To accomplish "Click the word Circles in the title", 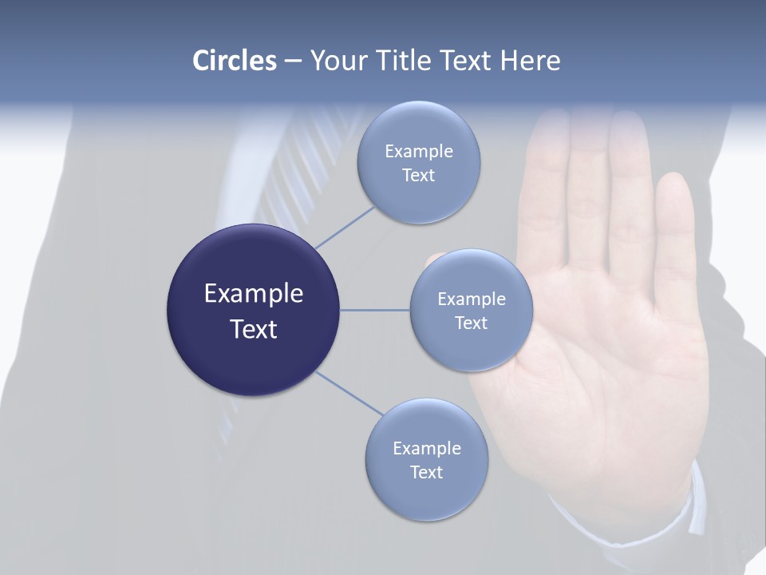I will click(234, 61).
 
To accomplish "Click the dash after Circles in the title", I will click(293, 61).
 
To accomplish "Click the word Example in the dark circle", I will click(253, 294).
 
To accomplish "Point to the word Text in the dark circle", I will click(253, 329).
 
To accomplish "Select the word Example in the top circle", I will click(419, 152).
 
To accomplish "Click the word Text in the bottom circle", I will click(426, 473).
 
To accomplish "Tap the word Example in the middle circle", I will click(472, 299).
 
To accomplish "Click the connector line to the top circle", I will click(345, 227).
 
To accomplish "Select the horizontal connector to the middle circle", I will click(375, 310).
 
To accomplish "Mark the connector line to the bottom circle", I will click(349, 393).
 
